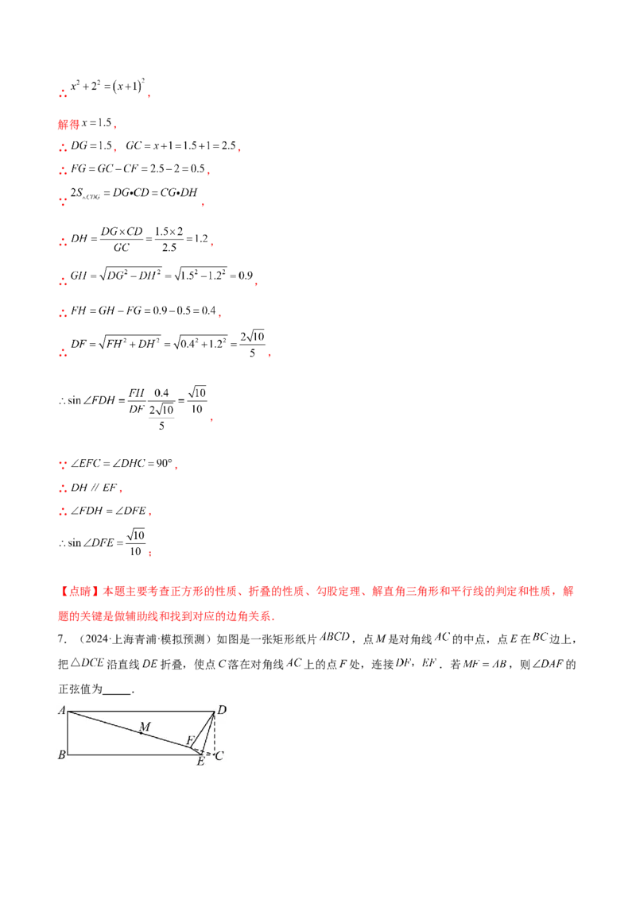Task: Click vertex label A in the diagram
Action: (61, 710)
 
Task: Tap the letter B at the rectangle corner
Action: (61, 755)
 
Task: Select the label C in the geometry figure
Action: (219, 755)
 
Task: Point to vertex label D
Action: (222, 709)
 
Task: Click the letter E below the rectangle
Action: (200, 762)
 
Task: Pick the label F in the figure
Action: (189, 740)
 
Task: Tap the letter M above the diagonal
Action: (144, 726)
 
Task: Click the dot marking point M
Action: (142, 733)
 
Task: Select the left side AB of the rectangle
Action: (68, 732)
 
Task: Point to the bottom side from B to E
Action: (131, 754)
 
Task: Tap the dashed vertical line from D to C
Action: (215, 735)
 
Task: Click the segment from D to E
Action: (208, 732)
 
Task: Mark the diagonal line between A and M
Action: (103, 722)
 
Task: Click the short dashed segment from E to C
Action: (208, 754)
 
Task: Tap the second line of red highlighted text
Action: (167, 615)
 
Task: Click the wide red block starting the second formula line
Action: (67, 124)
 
